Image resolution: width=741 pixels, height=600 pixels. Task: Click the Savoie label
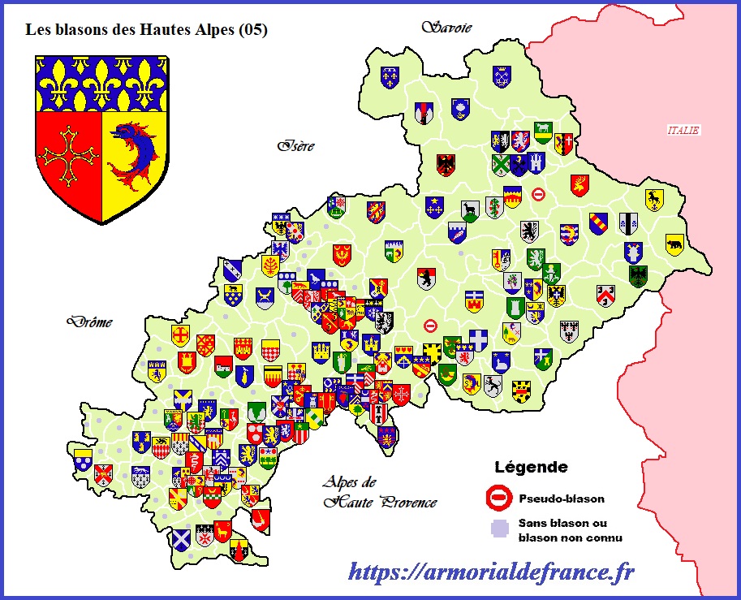click(446, 28)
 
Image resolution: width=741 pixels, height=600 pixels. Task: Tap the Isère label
click(295, 147)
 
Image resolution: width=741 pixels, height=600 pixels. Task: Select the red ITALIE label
click(683, 130)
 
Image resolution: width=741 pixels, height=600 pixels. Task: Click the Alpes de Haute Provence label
click(379, 491)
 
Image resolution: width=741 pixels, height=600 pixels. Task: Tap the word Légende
click(531, 468)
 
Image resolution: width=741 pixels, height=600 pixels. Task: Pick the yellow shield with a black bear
click(674, 244)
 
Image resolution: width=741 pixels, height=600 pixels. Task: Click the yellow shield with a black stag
click(653, 199)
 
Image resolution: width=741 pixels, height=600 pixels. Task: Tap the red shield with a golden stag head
click(579, 184)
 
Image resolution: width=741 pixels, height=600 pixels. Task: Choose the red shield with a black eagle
click(446, 165)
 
